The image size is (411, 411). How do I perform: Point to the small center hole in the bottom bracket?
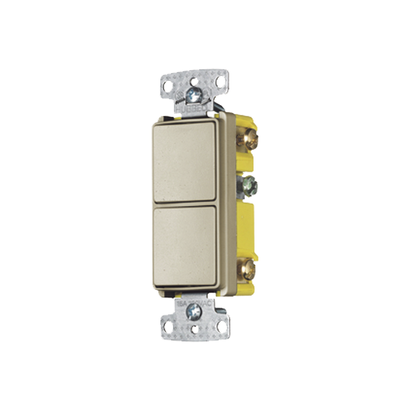(194, 329)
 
